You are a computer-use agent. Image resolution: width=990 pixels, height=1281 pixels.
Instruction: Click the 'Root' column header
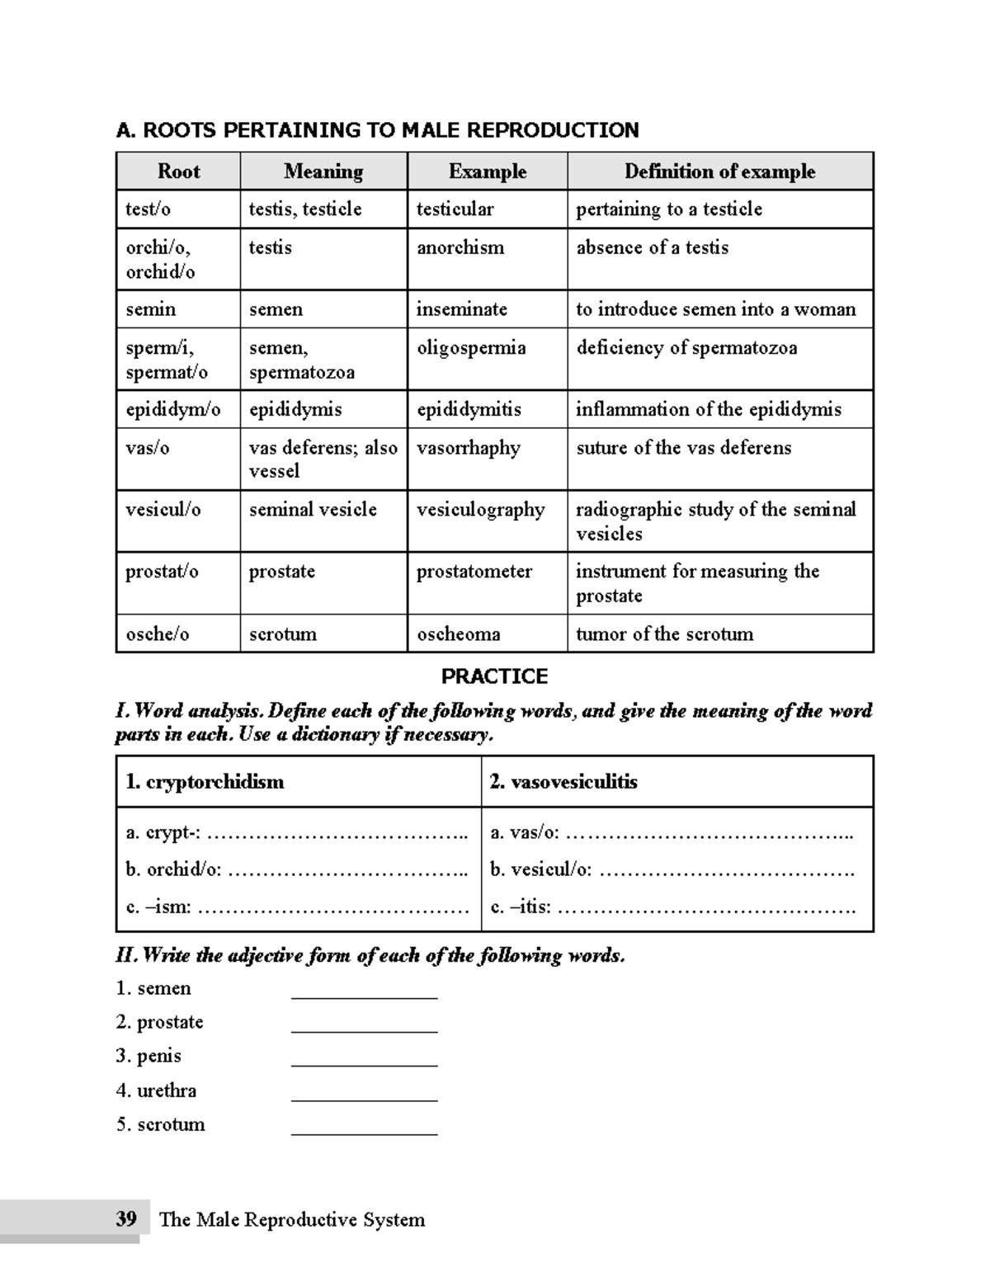pyautogui.click(x=178, y=172)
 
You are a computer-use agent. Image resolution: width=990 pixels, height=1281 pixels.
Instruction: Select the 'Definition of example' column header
pyautogui.click(x=719, y=172)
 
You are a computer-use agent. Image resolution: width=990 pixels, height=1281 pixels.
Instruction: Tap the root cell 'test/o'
pyautogui.click(x=148, y=210)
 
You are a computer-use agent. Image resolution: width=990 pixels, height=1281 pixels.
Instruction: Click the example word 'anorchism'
pyautogui.click(x=460, y=247)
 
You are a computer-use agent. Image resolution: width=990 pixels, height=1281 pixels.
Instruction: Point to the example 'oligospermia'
pyautogui.click(x=470, y=348)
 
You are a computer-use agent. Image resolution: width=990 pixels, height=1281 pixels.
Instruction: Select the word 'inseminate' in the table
pyautogui.click(x=461, y=309)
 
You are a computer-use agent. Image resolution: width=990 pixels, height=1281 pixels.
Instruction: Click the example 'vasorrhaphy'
pyautogui.click(x=468, y=448)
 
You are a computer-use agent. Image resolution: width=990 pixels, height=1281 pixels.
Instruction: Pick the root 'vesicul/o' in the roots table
pyautogui.click(x=163, y=510)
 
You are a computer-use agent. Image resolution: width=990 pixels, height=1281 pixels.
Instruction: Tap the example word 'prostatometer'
pyautogui.click(x=474, y=572)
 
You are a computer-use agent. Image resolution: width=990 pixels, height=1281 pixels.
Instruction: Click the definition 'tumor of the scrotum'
pyautogui.click(x=664, y=634)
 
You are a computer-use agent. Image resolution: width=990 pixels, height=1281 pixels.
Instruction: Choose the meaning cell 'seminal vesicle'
pyautogui.click(x=313, y=510)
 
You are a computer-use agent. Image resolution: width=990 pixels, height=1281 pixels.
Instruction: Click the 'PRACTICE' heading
pyautogui.click(x=494, y=676)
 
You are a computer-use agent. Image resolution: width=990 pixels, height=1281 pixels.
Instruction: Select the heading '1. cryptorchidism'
pyautogui.click(x=205, y=782)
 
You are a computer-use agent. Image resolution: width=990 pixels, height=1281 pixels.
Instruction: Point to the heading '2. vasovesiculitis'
pyautogui.click(x=563, y=782)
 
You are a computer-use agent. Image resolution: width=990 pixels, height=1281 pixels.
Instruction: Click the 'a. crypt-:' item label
pyautogui.click(x=163, y=832)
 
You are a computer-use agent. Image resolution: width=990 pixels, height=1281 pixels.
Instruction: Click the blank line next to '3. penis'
pyautogui.click(x=364, y=1064)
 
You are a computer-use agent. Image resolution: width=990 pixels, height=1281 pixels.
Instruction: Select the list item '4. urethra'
pyautogui.click(x=157, y=1090)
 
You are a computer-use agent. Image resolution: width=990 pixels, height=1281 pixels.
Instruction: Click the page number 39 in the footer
pyautogui.click(x=126, y=1219)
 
